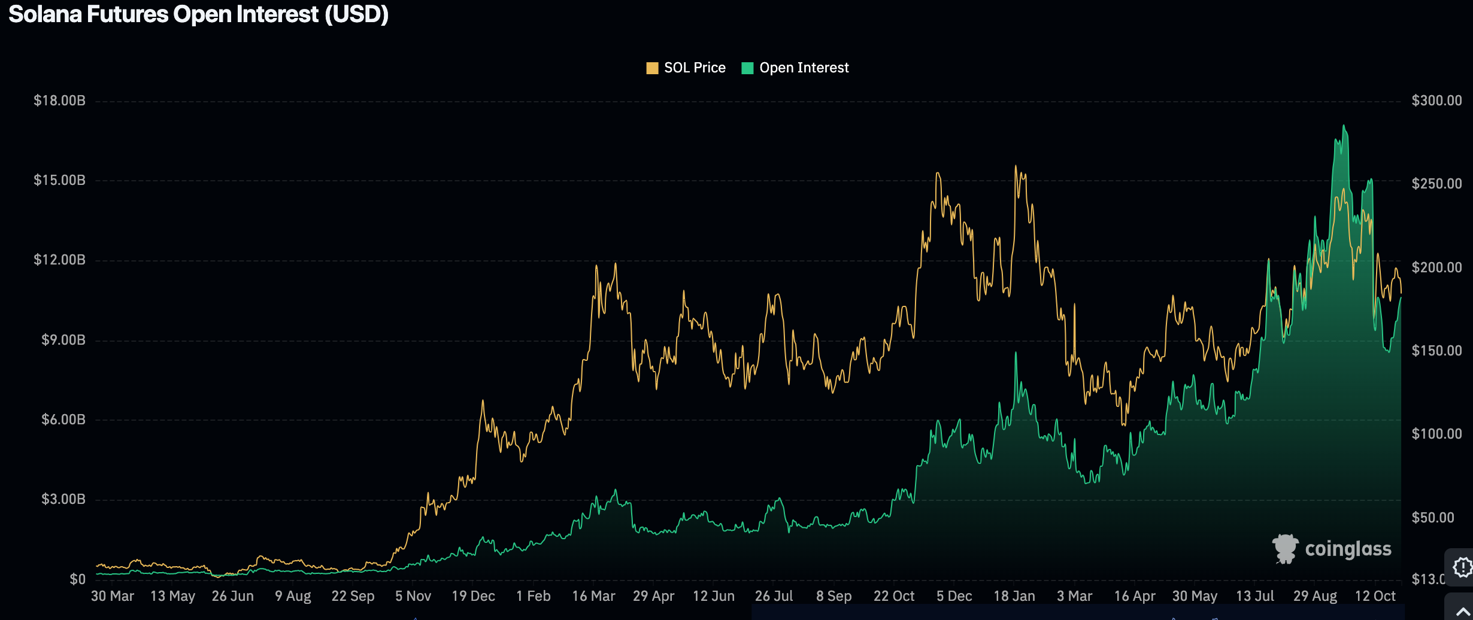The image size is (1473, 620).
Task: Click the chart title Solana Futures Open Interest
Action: pyautogui.click(x=198, y=14)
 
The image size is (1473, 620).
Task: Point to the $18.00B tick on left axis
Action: pyautogui.click(x=59, y=101)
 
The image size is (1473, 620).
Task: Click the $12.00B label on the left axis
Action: pyautogui.click(x=59, y=260)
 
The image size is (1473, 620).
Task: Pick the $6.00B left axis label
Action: pyautogui.click(x=63, y=420)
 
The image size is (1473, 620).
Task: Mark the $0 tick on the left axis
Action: pyautogui.click(x=77, y=579)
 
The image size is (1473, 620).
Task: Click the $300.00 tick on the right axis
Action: pyautogui.click(x=1436, y=101)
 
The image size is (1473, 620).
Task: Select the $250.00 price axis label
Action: pyautogui.click(x=1436, y=184)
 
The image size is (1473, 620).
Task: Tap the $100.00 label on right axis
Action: pyautogui.click(x=1436, y=434)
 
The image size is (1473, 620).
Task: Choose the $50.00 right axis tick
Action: pyautogui.click(x=1432, y=518)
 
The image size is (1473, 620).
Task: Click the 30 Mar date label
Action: pyautogui.click(x=113, y=596)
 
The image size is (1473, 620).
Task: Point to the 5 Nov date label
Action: pyautogui.click(x=413, y=596)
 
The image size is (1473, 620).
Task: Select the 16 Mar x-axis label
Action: pyautogui.click(x=593, y=596)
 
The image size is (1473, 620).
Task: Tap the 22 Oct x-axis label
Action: pyautogui.click(x=894, y=596)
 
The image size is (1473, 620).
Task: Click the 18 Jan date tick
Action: pyautogui.click(x=1014, y=596)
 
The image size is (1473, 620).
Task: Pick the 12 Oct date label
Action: pyautogui.click(x=1375, y=596)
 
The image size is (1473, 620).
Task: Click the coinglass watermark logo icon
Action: pyautogui.click(x=1285, y=549)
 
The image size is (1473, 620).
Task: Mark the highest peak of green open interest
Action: pyautogui.click(x=1344, y=126)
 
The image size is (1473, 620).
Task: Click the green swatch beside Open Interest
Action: pyautogui.click(x=747, y=68)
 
